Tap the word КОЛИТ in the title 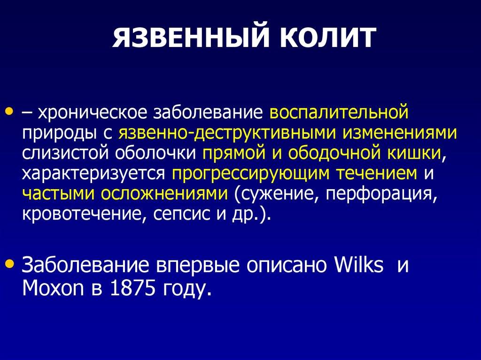tap(327, 38)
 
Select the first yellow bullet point tap(10, 110)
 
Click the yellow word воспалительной tap(339, 112)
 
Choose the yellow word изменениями tap(400, 133)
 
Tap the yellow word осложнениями tap(164, 194)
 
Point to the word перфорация tap(379, 194)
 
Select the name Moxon tap(53, 288)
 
